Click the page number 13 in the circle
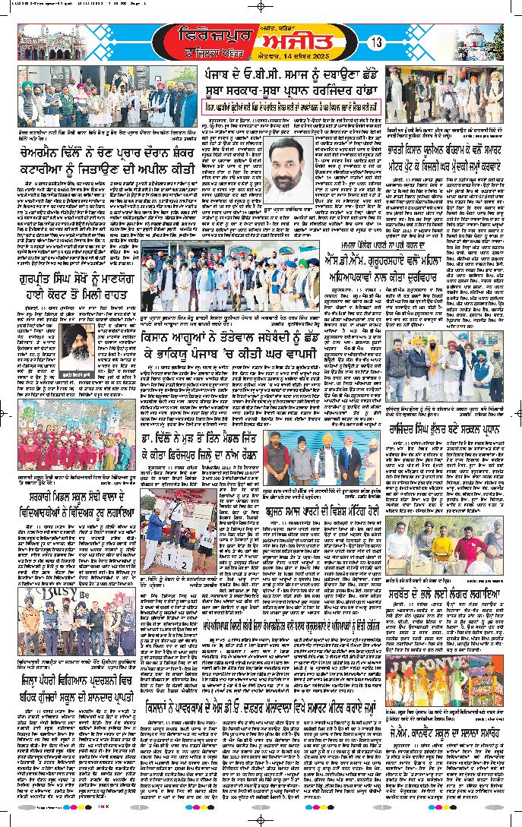point(376,43)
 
